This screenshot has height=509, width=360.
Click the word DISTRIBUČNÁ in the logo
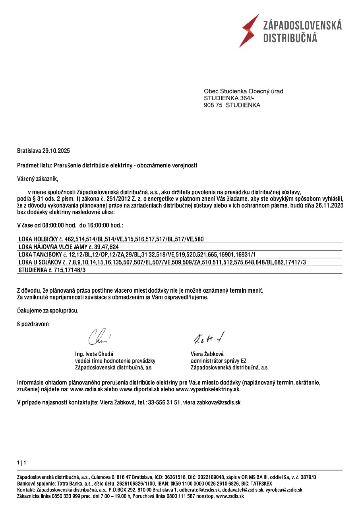pos(290,38)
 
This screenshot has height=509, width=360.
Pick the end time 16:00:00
pos(99,225)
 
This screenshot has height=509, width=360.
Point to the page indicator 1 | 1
pos(21,463)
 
